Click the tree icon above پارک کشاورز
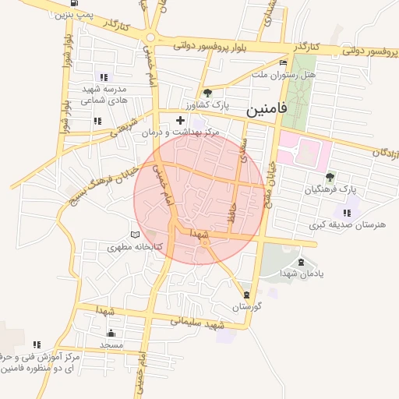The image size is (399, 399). pos(207,93)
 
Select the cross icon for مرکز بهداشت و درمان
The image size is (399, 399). pos(181,120)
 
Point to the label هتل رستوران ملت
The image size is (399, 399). pos(281,74)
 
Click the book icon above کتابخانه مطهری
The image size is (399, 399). pos(135,235)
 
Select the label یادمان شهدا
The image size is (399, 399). pos(300,274)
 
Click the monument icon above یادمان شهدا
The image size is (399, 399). pos(301,262)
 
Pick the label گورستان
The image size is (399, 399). pos(245,306)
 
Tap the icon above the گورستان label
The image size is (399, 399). pos(247,295)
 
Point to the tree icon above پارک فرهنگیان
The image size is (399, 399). pos(330,177)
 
